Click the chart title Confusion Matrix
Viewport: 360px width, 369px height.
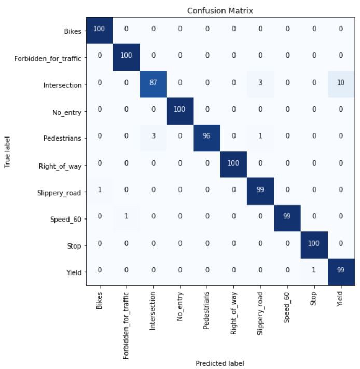[220, 11]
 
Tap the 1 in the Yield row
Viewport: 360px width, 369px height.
[314, 270]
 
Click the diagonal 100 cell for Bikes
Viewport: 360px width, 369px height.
[99, 29]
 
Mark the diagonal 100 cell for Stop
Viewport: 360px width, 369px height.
[314, 243]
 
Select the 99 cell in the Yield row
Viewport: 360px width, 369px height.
[341, 270]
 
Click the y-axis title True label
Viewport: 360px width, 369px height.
[7, 152]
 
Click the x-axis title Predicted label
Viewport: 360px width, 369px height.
[219, 363]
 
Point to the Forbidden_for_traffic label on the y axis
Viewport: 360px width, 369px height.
[47, 58]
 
